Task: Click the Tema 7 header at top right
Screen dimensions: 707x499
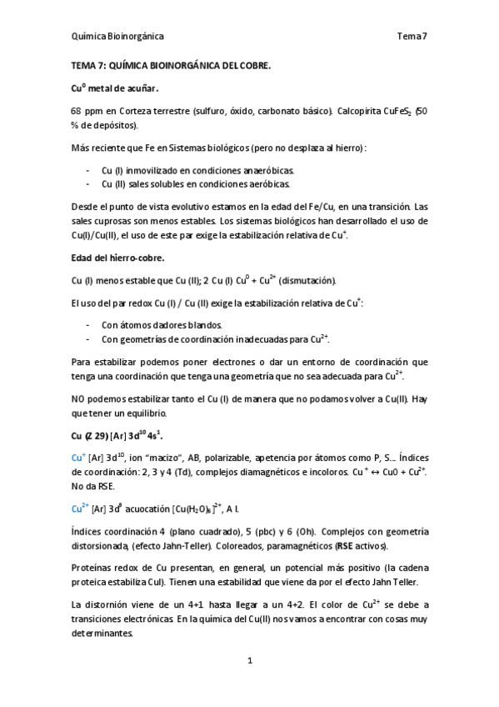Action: pos(412,36)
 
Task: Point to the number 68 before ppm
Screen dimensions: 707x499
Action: pos(76,111)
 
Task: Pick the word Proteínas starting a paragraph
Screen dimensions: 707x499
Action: pos(93,569)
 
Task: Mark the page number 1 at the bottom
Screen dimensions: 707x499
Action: pos(249,661)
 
